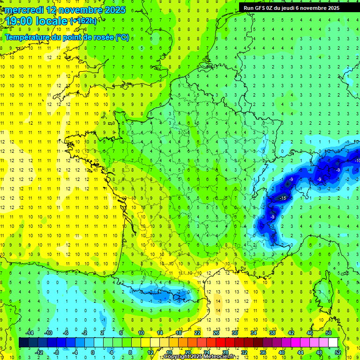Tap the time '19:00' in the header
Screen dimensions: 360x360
[x=20, y=21]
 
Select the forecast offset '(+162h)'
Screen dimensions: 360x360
[x=83, y=21]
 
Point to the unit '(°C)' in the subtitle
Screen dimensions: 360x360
[x=122, y=37]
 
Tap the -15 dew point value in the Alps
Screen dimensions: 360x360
[x=282, y=199]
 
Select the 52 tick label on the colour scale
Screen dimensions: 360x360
[x=337, y=352]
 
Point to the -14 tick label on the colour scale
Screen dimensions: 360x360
[x=30, y=332]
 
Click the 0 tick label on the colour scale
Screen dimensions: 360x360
[x=93, y=352]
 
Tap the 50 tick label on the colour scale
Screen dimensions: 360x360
[x=329, y=332]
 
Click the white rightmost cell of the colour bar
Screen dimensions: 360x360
[x=333, y=343]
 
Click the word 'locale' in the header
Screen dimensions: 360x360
[x=52, y=21]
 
